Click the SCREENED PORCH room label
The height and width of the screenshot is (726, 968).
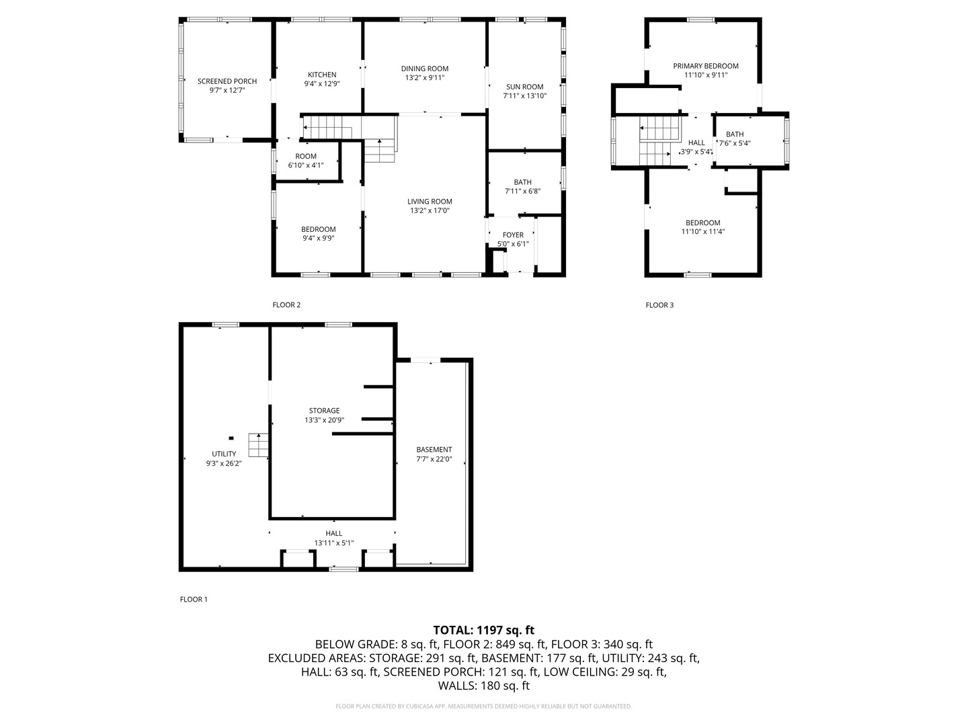[227, 81]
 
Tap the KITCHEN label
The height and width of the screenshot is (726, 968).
[322, 75]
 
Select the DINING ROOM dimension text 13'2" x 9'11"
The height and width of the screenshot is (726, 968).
[425, 77]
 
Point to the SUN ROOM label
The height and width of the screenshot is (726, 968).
[525, 87]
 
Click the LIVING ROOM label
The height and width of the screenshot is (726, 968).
[430, 202]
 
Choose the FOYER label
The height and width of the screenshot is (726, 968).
[513, 235]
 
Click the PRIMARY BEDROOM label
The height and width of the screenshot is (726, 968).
[706, 66]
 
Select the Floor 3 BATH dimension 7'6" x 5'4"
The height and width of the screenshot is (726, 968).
[735, 143]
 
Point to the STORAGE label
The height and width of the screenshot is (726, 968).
[324, 411]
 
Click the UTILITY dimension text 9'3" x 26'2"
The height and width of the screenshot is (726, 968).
[224, 463]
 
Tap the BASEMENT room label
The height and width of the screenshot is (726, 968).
[434, 450]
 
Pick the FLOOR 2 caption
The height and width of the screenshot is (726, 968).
[286, 305]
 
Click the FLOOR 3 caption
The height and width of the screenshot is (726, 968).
[659, 305]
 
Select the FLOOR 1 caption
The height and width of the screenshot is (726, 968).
[194, 600]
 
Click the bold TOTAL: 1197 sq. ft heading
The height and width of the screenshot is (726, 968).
[484, 631]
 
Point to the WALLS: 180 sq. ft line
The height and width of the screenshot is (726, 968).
[484, 686]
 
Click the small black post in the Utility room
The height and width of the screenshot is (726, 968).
[231, 438]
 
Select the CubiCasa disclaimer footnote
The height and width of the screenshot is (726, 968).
[484, 707]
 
